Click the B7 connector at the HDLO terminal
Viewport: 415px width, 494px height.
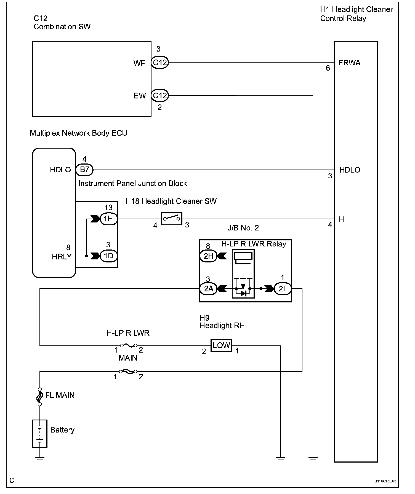[x=84, y=170]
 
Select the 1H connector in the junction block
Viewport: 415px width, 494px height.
[x=108, y=219]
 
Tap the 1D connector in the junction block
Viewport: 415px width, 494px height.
[x=108, y=256]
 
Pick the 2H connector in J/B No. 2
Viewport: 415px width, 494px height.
[x=208, y=256]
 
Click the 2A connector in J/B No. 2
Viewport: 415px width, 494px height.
[x=208, y=289]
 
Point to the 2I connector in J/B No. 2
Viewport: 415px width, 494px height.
[x=282, y=289]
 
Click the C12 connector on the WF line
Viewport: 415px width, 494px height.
[x=160, y=63]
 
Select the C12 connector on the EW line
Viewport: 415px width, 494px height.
[x=160, y=96]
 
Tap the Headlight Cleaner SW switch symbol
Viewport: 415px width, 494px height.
[x=171, y=219]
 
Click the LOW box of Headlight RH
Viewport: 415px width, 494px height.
[x=221, y=345]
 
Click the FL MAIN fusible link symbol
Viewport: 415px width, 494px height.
[x=40, y=397]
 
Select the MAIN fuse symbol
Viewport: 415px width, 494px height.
[x=128, y=372]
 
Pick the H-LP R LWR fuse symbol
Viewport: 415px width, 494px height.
[x=128, y=345]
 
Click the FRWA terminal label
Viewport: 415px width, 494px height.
[x=350, y=63]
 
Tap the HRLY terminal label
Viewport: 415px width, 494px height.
[x=62, y=257]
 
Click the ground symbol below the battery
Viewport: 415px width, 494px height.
[x=40, y=460]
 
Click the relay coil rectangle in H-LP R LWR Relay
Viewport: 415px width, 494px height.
[x=243, y=256]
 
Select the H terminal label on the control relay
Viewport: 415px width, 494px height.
[x=342, y=219]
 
